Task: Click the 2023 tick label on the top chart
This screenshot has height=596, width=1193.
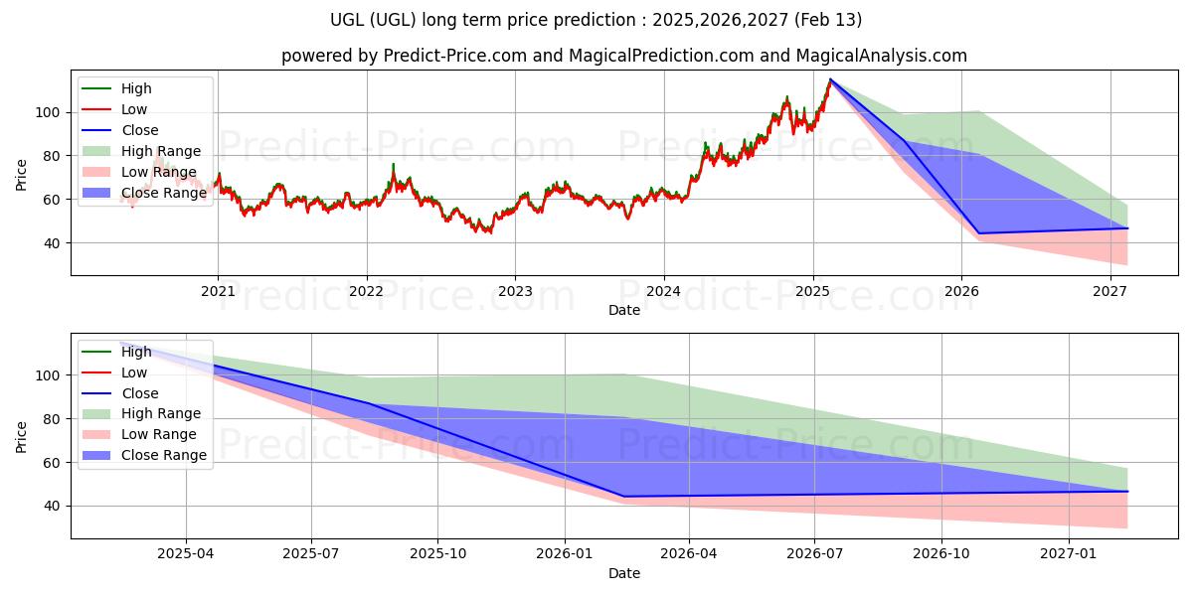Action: click(x=515, y=291)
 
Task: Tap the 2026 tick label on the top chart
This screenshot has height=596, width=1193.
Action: click(x=961, y=291)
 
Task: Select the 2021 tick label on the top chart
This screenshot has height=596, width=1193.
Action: click(x=218, y=291)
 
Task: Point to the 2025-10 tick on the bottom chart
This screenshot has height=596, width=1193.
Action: click(x=437, y=554)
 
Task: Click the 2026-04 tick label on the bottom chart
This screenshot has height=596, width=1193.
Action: click(x=689, y=554)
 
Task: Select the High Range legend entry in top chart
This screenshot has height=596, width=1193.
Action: click(x=161, y=151)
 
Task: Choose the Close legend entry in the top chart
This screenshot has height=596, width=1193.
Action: click(x=140, y=130)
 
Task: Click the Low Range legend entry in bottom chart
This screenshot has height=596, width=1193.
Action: click(x=159, y=434)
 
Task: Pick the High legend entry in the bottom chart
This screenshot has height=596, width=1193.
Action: click(x=136, y=352)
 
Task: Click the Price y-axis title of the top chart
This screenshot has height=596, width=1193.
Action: click(x=22, y=176)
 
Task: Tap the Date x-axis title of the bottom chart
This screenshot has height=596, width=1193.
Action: click(x=624, y=573)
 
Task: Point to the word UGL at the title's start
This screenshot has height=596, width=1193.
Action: click(x=347, y=20)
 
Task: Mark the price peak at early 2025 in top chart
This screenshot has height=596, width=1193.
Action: click(x=830, y=79)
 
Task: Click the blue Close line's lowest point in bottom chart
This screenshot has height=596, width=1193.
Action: click(x=624, y=496)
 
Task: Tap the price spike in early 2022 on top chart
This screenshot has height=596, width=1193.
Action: click(x=393, y=164)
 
